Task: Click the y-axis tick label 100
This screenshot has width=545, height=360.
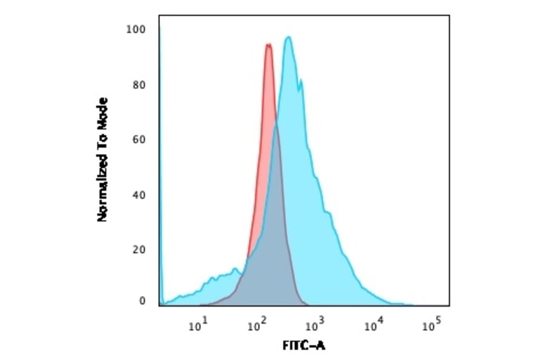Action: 135,29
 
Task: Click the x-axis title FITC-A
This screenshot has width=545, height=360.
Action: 303,346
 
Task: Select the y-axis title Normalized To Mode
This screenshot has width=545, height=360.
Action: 102,159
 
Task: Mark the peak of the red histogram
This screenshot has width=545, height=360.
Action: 268,44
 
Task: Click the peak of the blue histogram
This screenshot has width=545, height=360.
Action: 289,38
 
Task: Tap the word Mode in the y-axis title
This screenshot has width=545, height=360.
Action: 102,112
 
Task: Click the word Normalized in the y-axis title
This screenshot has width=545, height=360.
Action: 102,188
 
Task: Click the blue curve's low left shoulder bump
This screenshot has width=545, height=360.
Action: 233,269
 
